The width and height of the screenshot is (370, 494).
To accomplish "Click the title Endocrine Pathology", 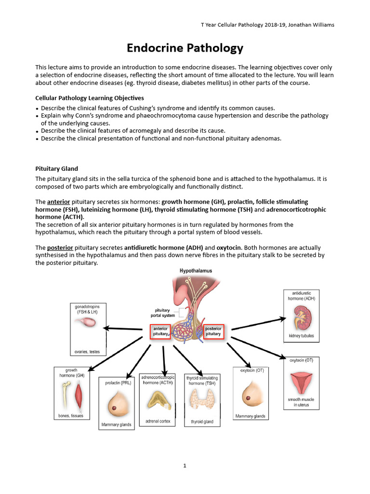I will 185,48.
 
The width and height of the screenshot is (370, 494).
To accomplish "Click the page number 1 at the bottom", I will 185,466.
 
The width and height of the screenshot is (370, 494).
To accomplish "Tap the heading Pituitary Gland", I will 57,168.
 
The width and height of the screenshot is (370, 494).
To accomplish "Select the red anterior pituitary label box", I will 160,331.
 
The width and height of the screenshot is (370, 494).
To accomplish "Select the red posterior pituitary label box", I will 213,331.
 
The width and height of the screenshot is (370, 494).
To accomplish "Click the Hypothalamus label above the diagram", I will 196,271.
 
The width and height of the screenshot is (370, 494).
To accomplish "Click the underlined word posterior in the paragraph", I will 60,247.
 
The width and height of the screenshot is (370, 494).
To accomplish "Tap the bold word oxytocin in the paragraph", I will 228,247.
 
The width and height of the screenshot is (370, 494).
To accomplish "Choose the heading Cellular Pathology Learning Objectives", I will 90,98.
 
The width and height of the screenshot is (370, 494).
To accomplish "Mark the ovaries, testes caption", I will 87,352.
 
